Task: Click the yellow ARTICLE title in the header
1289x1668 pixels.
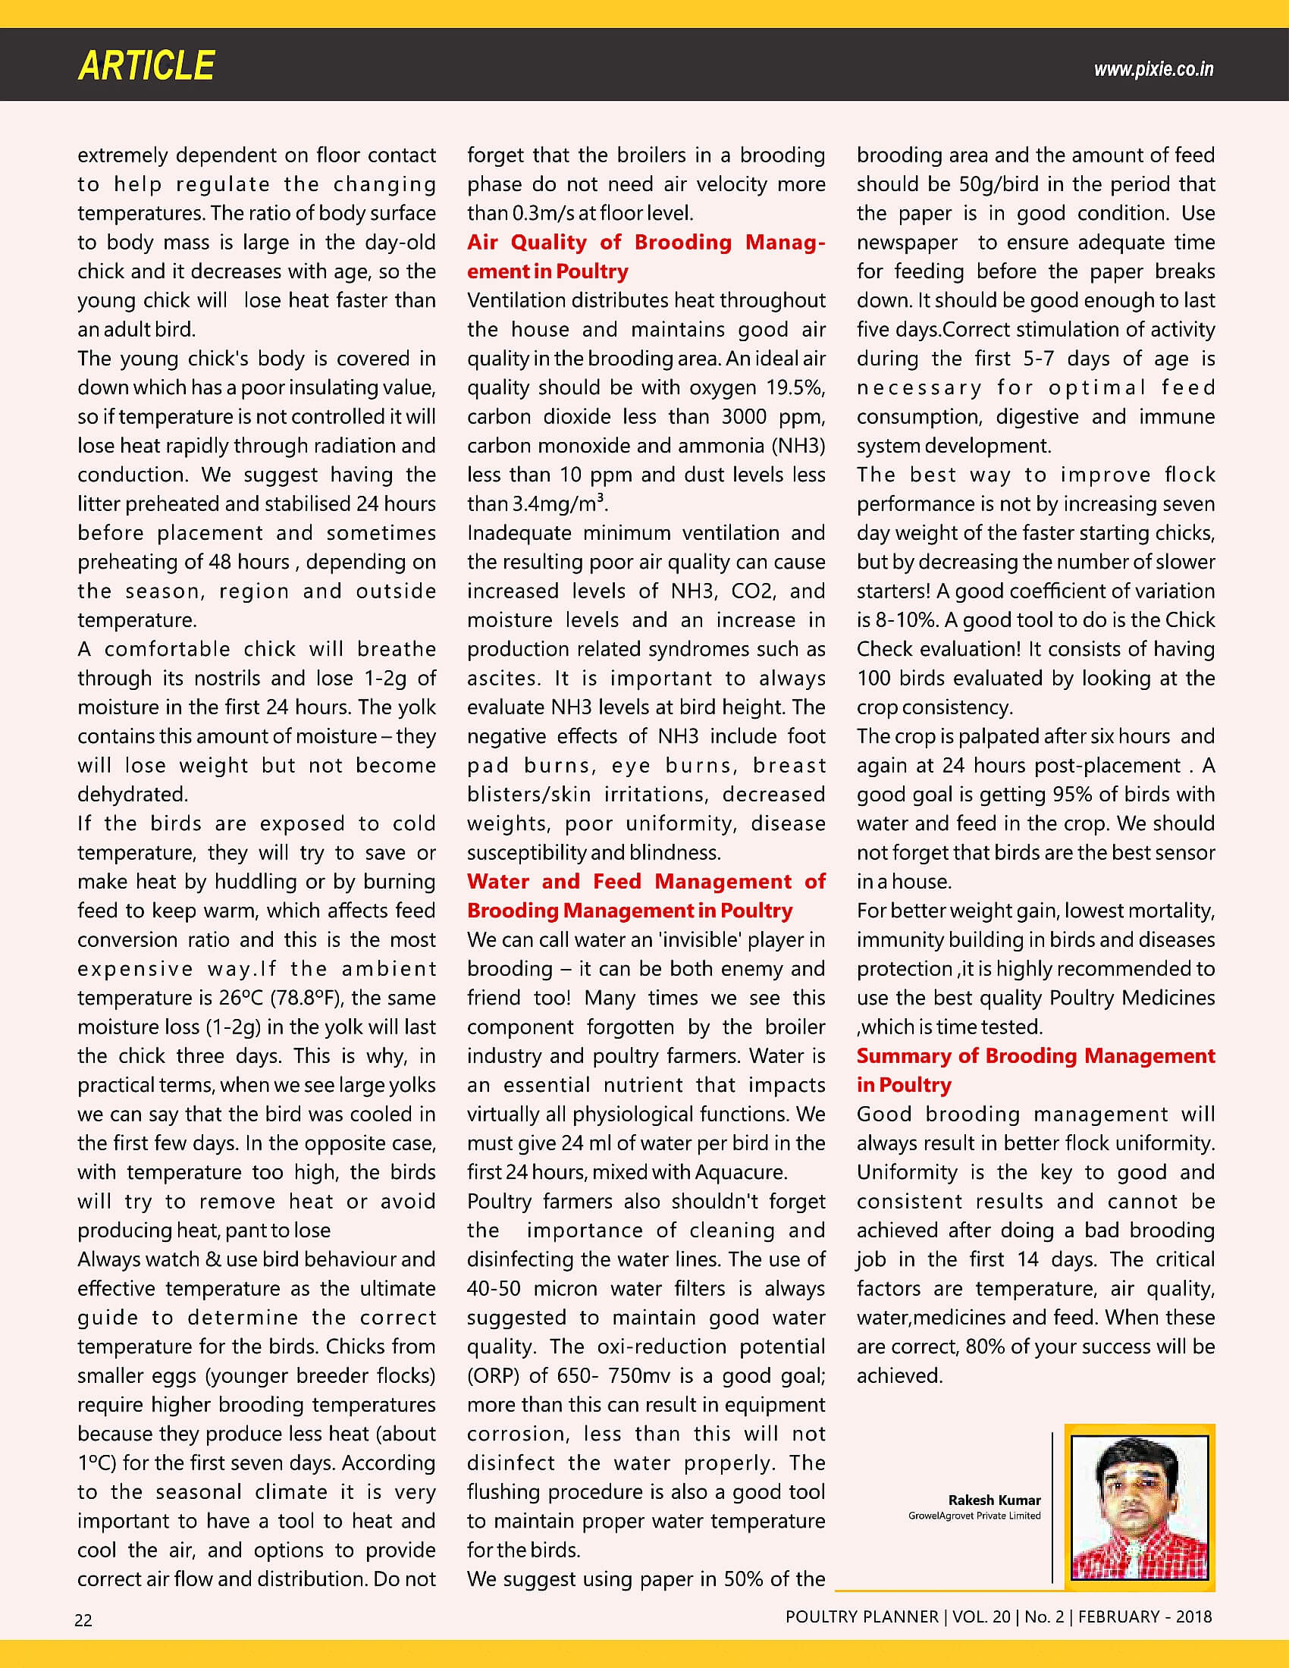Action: (x=146, y=66)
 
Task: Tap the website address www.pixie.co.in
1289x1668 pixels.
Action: (x=1153, y=70)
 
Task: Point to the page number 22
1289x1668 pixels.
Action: (x=83, y=1620)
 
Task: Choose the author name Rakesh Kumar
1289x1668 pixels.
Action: (x=994, y=1500)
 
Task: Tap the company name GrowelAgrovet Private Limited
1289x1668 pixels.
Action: (x=974, y=1516)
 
